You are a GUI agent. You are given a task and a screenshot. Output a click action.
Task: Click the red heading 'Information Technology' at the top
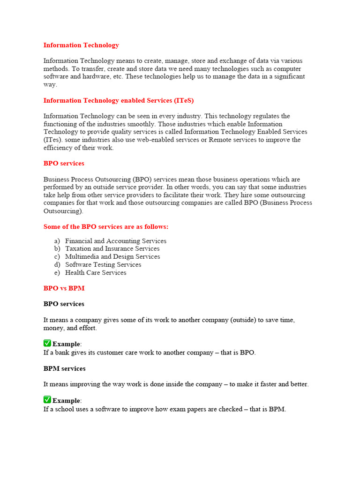[81, 45]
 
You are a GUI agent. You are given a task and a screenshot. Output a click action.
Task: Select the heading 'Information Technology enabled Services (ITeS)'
[118, 100]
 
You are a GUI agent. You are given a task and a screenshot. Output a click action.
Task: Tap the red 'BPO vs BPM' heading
[64, 288]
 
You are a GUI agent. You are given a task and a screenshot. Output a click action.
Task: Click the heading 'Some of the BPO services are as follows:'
[105, 227]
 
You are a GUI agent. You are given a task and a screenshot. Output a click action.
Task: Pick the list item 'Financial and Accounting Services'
[115, 241]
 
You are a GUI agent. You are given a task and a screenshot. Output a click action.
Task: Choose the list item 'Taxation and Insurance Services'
[112, 249]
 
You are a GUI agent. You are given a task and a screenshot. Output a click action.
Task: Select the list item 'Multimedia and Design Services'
[112, 257]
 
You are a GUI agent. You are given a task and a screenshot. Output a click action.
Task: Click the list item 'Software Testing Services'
[103, 265]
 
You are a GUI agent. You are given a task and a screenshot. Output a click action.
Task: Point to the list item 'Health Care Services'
[96, 273]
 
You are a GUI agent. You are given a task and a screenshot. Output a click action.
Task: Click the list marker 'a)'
[57, 241]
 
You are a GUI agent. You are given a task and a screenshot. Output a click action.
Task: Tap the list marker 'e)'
[57, 273]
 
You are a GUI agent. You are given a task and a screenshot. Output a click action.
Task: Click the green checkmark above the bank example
[47, 344]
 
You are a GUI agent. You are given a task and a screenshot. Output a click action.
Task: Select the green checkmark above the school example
[47, 400]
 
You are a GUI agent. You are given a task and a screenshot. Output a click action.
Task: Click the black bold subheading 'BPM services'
[64, 369]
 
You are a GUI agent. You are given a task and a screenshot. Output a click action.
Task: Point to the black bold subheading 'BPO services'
[64, 304]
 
